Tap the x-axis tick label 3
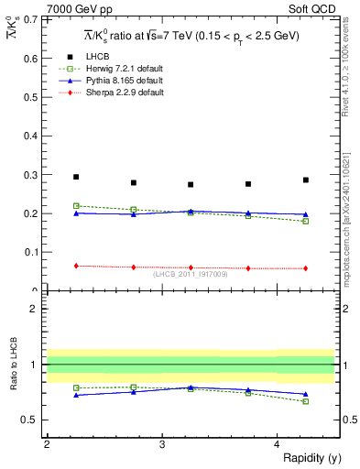[x=161, y=443]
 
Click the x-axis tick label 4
[x=277, y=443]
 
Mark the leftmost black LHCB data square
[x=76, y=177]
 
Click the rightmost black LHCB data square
[x=306, y=180]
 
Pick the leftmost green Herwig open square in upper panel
[x=76, y=206]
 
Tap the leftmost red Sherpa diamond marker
[x=76, y=266]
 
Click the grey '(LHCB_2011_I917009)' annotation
[x=191, y=274]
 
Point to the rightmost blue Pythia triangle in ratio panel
[x=306, y=394]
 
